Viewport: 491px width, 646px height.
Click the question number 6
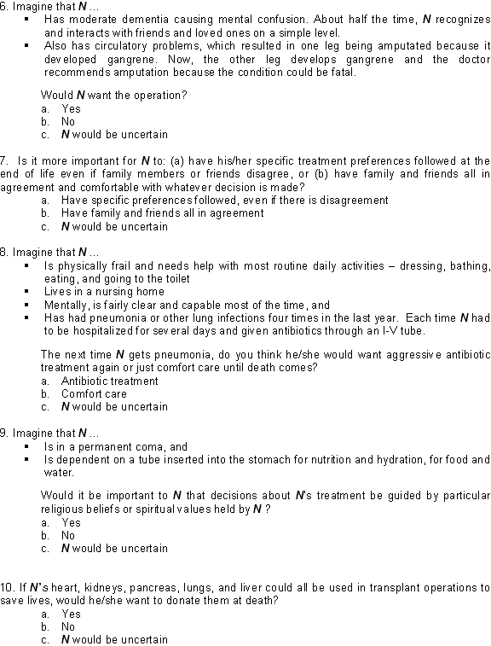(x=4, y=6)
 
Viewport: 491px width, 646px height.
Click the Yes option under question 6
(x=71, y=108)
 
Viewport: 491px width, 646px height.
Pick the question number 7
(x=4, y=160)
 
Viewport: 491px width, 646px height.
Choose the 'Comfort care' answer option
(x=94, y=394)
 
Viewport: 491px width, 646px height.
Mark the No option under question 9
(x=68, y=536)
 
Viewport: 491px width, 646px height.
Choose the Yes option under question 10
(x=71, y=614)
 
